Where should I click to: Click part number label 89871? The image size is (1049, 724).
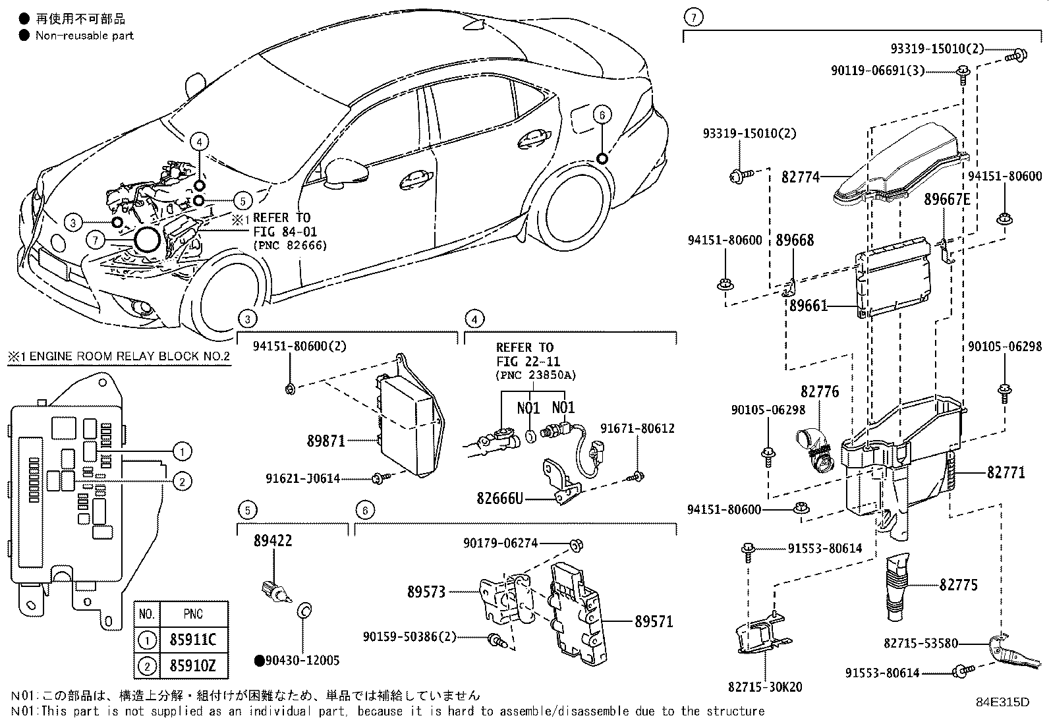(326, 441)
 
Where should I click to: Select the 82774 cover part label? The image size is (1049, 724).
(801, 177)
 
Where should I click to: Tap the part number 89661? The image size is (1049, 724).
(808, 306)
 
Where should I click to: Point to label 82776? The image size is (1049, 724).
(820, 392)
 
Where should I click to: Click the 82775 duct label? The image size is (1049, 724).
(958, 585)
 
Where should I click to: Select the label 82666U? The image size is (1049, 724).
(499, 497)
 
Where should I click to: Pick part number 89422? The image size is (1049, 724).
(273, 541)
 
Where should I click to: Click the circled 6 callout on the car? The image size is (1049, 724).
(601, 115)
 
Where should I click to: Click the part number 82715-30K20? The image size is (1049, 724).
(765, 687)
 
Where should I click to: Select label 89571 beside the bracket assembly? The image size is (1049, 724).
(654, 621)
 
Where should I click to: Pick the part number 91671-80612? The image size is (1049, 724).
(637, 428)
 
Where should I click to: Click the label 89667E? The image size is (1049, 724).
(948, 199)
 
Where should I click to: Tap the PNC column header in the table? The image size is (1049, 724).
(193, 614)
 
